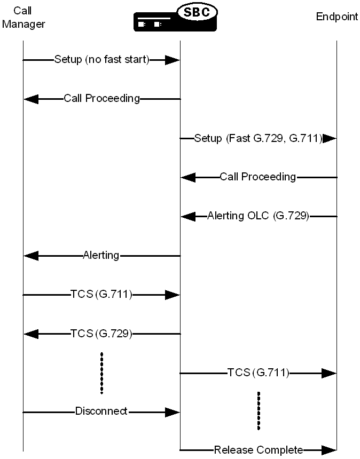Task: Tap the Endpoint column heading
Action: click(x=337, y=17)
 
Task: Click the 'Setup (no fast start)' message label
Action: click(x=101, y=59)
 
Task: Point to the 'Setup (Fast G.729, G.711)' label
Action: click(x=258, y=138)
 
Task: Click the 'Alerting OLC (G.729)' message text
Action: click(x=258, y=216)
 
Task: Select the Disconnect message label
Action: click(x=101, y=411)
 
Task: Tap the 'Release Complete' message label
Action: click(x=259, y=450)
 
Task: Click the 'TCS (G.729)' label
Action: click(x=101, y=334)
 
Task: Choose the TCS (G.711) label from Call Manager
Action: click(x=101, y=294)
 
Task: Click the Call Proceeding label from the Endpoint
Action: click(x=258, y=177)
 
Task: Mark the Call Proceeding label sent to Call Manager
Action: click(x=101, y=98)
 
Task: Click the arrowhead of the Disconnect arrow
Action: click(x=172, y=411)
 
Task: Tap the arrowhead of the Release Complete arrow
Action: click(x=329, y=450)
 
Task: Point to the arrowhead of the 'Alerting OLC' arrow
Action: click(x=189, y=216)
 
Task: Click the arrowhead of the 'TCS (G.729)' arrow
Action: click(x=31, y=334)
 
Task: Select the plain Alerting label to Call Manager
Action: click(x=101, y=255)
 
